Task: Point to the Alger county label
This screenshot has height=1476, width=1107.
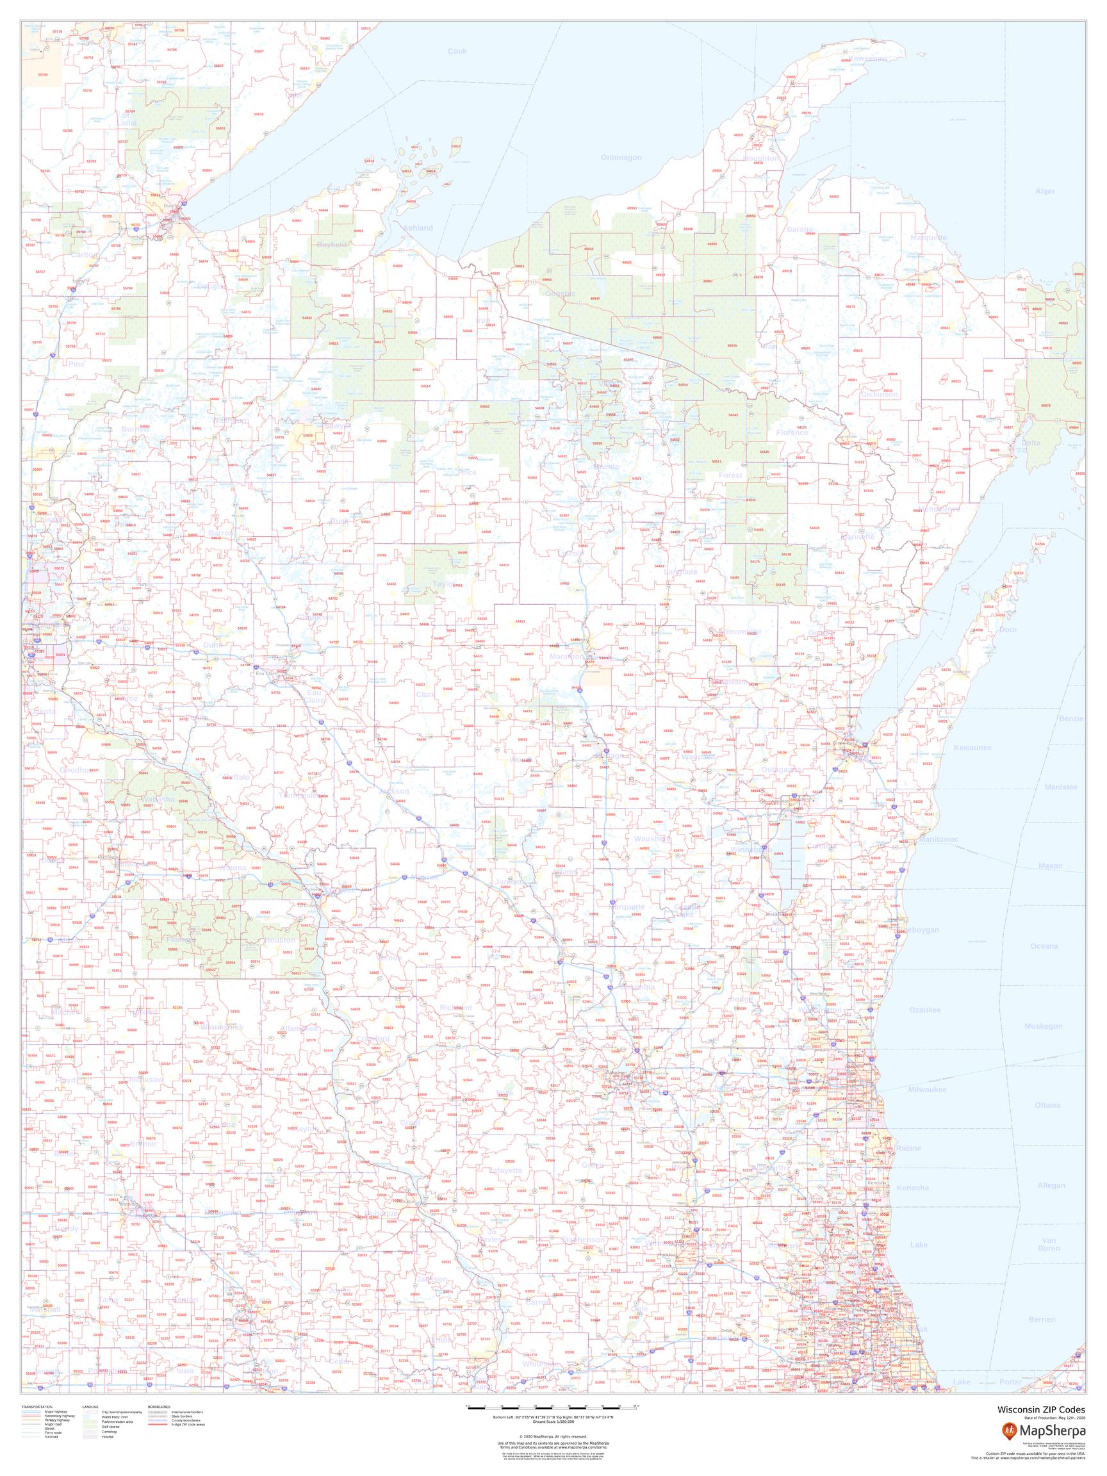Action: [1045, 192]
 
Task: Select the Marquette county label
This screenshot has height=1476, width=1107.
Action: [928, 238]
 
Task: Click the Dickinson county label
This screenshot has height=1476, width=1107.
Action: [880, 395]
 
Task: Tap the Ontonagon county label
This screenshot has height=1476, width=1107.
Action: [621, 158]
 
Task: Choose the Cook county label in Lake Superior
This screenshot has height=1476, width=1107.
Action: [457, 51]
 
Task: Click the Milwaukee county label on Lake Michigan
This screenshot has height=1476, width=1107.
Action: [928, 1089]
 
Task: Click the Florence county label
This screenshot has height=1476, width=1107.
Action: [792, 432]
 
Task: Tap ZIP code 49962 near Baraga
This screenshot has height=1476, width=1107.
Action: [834, 197]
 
